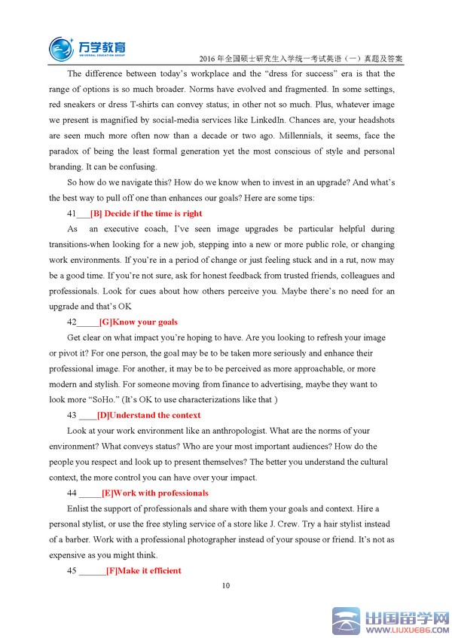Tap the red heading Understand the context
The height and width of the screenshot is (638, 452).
click(x=148, y=415)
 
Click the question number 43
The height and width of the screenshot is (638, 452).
click(x=72, y=415)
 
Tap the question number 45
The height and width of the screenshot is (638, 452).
click(x=72, y=571)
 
